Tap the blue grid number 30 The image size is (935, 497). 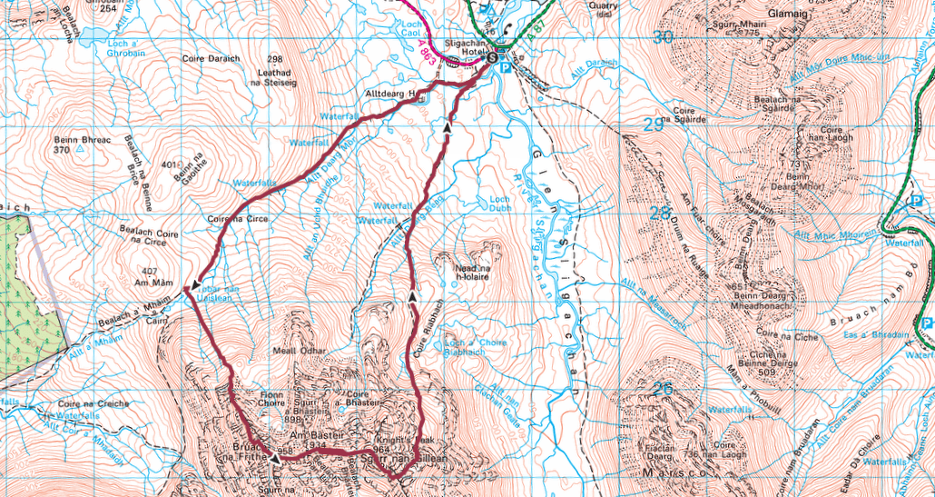[x=664, y=37]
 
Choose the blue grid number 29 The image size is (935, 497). [x=654, y=124]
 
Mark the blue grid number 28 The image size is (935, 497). [x=660, y=214]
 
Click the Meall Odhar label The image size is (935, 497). [x=291, y=351]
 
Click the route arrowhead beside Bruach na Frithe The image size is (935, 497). [x=275, y=459]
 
